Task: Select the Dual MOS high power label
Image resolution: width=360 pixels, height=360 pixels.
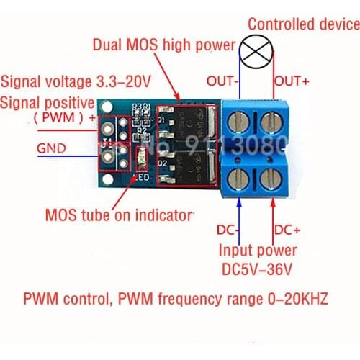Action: tap(164, 45)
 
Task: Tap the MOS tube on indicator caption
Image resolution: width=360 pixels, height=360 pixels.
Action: tap(120, 214)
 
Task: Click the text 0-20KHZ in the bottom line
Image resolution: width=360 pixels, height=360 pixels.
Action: tap(294, 299)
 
